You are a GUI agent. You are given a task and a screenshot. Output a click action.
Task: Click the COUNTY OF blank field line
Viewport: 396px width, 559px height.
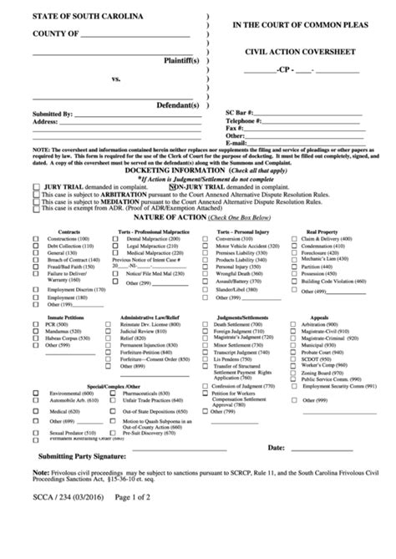[x=135, y=34]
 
